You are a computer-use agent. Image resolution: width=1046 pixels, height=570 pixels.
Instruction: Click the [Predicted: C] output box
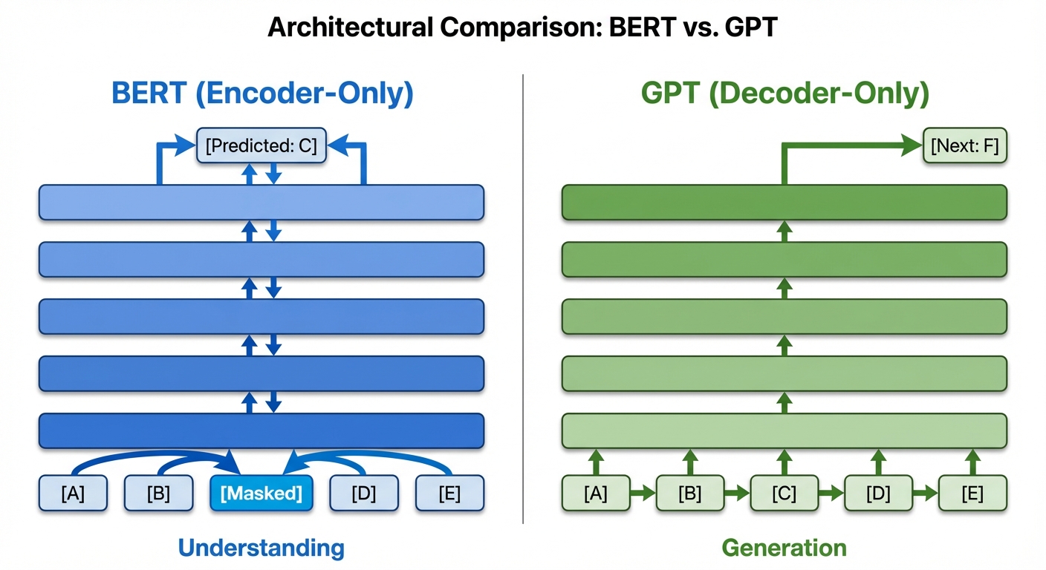coord(261,145)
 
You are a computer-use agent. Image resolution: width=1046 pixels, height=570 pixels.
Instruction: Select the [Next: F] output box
coord(964,145)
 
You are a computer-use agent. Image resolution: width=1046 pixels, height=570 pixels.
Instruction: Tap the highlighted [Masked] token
coord(261,494)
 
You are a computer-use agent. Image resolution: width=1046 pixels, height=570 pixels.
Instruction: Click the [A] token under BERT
coord(73,494)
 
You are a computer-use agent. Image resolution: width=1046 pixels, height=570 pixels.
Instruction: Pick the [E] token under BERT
coord(449,494)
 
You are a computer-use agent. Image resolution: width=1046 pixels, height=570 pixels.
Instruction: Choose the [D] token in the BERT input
coord(363,494)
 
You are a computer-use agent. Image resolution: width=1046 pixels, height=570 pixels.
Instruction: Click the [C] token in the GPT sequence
coord(784,494)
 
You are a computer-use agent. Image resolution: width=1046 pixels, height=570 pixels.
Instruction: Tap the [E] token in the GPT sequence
coord(972,494)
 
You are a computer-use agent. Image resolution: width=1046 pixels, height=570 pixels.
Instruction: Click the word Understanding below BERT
coord(261,548)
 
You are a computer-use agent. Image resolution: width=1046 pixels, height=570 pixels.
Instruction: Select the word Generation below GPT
coord(784,548)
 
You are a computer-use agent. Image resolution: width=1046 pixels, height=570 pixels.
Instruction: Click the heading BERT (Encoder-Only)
coord(261,94)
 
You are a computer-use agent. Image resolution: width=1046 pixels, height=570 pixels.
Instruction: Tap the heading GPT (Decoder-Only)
coord(784,94)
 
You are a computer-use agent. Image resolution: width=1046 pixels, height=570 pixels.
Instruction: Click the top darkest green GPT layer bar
coord(784,203)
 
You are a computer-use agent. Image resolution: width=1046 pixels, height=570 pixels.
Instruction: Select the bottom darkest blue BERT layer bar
coord(261,430)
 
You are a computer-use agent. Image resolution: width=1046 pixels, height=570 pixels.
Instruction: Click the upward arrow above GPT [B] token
coord(690,462)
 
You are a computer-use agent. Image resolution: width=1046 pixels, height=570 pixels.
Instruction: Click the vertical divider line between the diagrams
coord(523,297)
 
